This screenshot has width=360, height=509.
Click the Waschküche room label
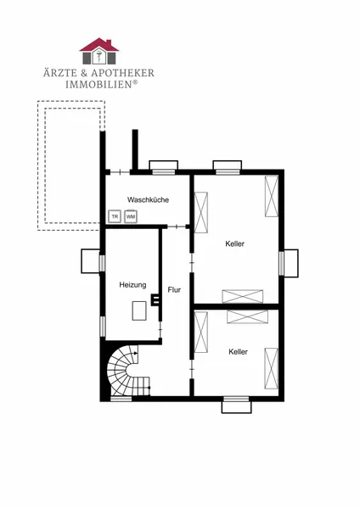click(x=148, y=199)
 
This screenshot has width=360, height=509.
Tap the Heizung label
click(x=132, y=285)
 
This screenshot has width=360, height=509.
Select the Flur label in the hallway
click(x=174, y=290)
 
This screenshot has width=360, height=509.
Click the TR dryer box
click(x=115, y=216)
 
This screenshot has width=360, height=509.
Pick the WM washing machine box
click(x=131, y=216)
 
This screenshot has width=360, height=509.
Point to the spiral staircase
click(x=125, y=371)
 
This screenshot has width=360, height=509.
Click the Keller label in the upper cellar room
click(x=235, y=243)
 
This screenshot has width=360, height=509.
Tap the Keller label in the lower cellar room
click(x=238, y=351)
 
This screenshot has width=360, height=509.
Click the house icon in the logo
click(x=99, y=51)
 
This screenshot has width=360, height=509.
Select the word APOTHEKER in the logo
click(x=122, y=73)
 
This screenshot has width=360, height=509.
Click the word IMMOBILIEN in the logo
click(x=98, y=84)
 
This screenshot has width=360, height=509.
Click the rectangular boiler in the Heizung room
click(x=139, y=310)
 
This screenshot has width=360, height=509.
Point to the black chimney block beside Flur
click(x=155, y=299)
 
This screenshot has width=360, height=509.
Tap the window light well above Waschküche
click(x=163, y=165)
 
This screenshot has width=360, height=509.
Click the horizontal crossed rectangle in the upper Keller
click(x=242, y=296)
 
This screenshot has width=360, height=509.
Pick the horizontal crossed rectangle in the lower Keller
click(x=247, y=316)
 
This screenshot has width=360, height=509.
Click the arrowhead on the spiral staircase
click(x=136, y=353)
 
